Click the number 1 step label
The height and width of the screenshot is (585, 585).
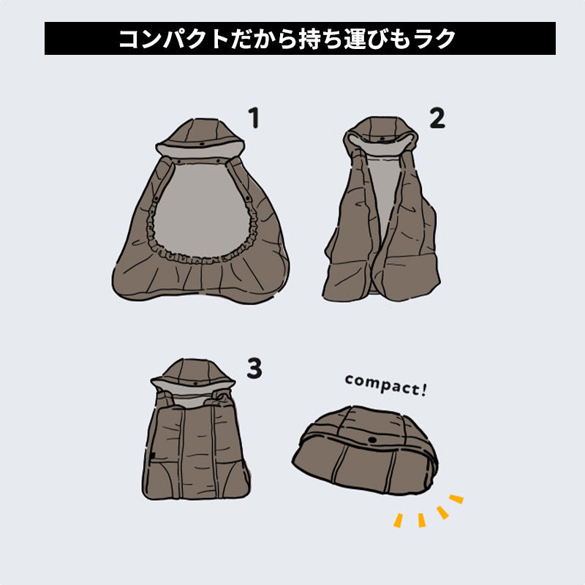254,118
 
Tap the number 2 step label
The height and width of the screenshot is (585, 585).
437,118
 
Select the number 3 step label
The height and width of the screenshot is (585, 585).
254,369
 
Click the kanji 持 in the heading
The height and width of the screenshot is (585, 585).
309,39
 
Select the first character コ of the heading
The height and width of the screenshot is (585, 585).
129,39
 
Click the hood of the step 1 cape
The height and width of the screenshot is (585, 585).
200,138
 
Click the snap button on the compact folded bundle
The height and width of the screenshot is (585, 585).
372,440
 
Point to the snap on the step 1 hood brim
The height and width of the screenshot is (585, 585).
202,144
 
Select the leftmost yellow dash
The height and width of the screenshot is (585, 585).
398,521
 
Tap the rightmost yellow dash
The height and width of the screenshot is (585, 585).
456,499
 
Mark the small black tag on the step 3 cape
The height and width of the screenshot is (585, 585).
153,456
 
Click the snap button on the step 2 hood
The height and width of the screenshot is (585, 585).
382,138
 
